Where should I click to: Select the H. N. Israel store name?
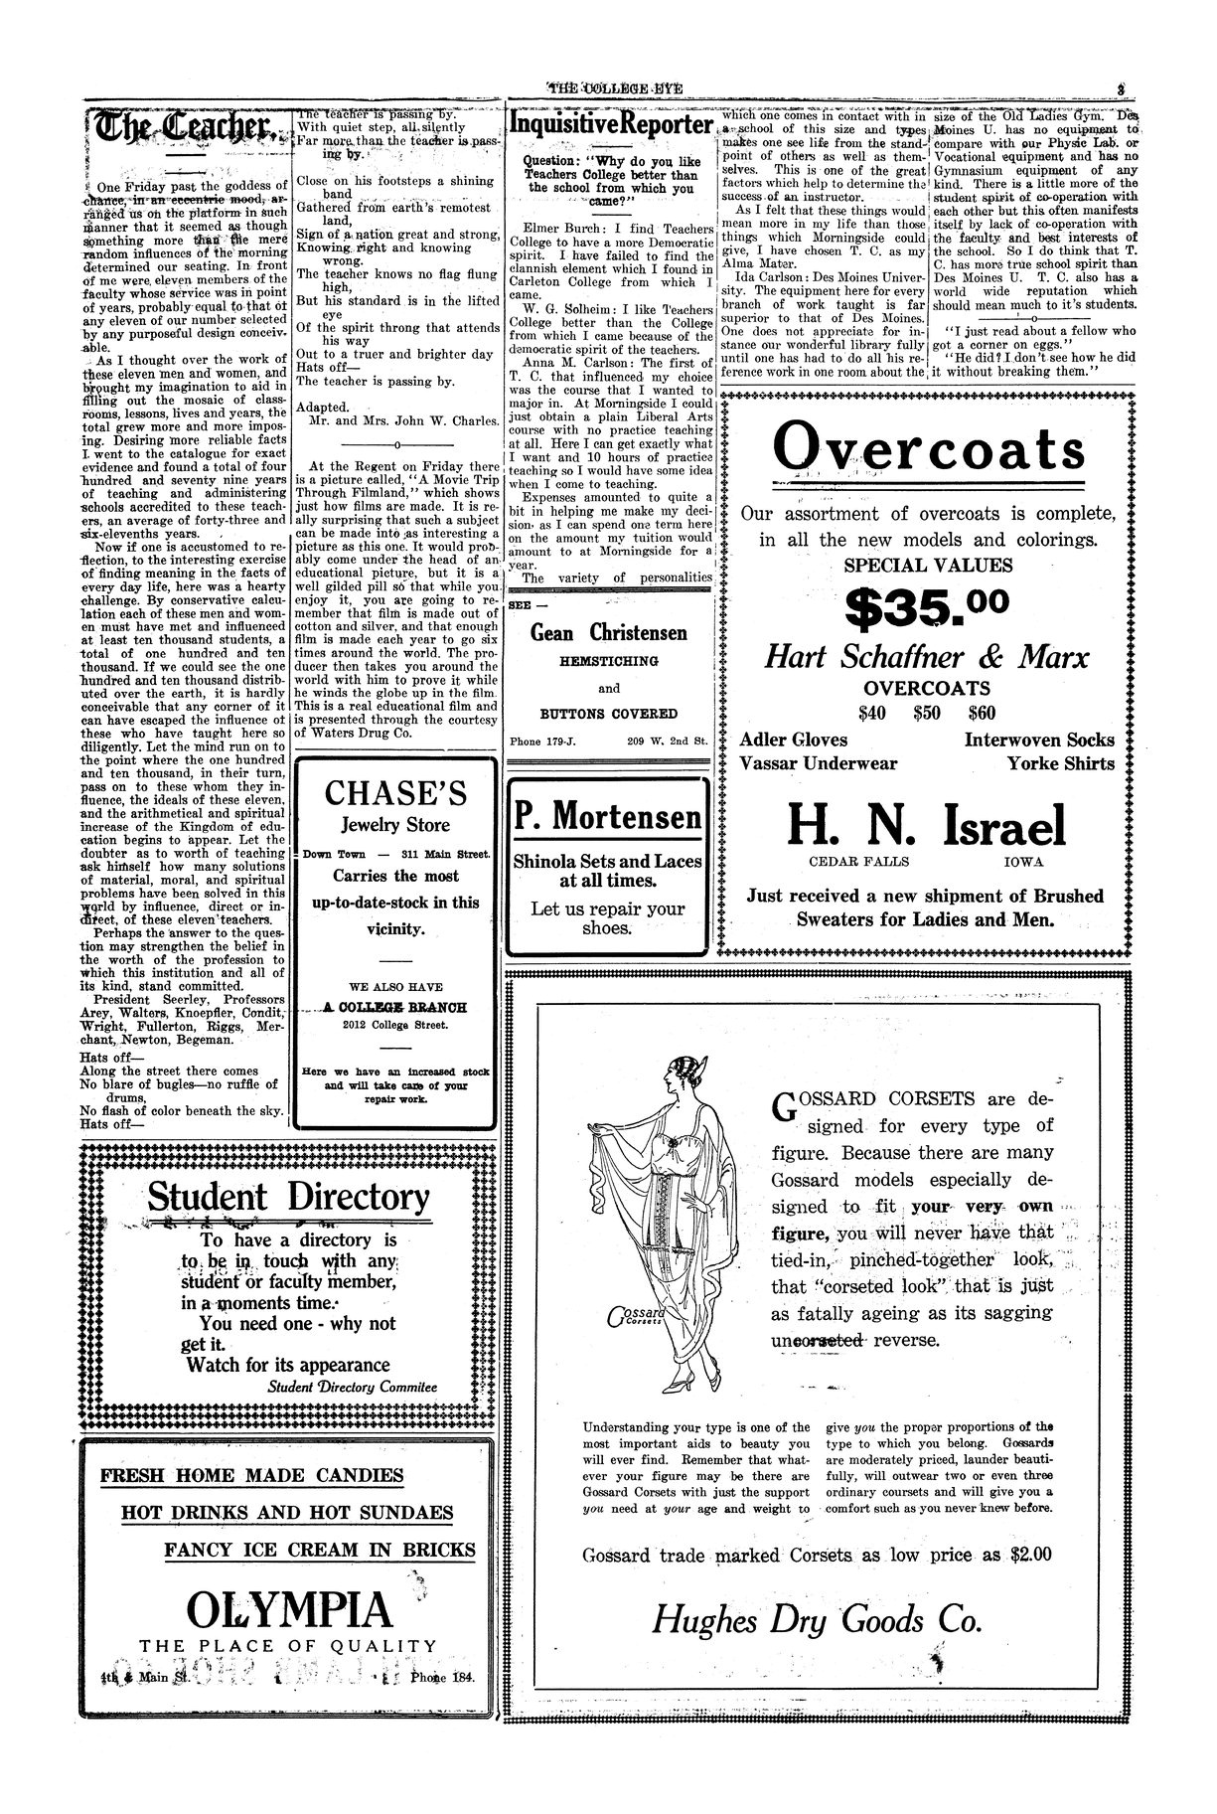click(926, 825)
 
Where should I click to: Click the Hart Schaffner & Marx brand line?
click(926, 658)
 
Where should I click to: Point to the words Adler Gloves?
click(794, 740)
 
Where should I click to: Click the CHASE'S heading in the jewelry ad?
click(395, 793)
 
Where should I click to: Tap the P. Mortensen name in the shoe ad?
click(608, 816)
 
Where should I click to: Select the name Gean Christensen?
click(609, 633)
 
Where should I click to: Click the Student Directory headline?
click(289, 1198)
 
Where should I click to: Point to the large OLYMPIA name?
click(289, 1609)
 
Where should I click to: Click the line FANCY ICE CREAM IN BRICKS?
click(319, 1550)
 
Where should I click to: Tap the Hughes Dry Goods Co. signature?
click(817, 1621)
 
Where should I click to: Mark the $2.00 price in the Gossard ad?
click(1029, 1556)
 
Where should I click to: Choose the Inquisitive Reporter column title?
click(610, 125)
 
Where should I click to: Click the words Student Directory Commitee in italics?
click(352, 1387)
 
